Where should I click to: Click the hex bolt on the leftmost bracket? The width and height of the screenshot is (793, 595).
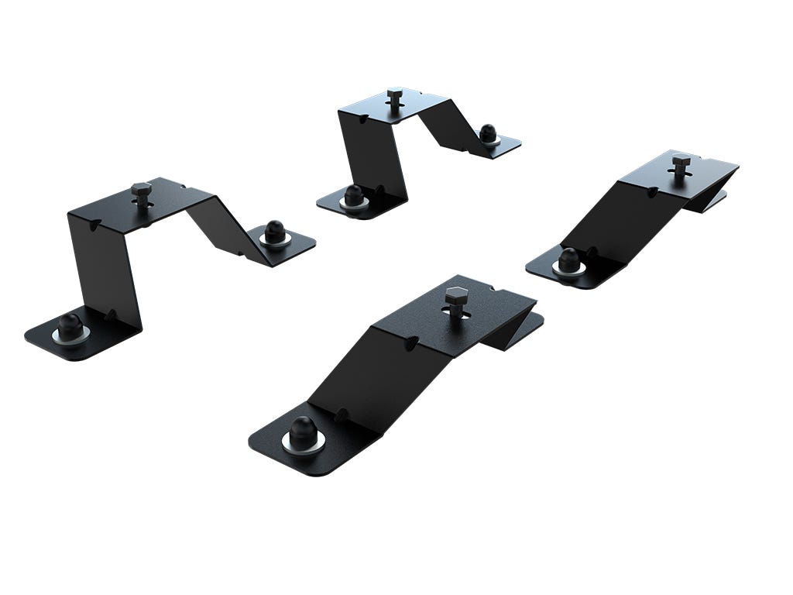(141, 190)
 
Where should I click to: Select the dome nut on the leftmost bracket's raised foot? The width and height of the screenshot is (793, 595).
(274, 232)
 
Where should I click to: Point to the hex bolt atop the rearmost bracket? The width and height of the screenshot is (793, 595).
(394, 97)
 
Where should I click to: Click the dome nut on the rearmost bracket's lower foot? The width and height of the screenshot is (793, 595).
(354, 194)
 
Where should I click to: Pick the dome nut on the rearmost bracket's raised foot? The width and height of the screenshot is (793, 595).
(487, 133)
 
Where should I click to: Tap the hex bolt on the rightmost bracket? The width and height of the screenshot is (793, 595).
(680, 163)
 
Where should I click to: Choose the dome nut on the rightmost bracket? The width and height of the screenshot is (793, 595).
(569, 260)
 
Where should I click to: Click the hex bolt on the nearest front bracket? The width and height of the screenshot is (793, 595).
(455, 296)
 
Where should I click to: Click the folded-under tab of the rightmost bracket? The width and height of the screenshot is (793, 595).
(712, 200)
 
